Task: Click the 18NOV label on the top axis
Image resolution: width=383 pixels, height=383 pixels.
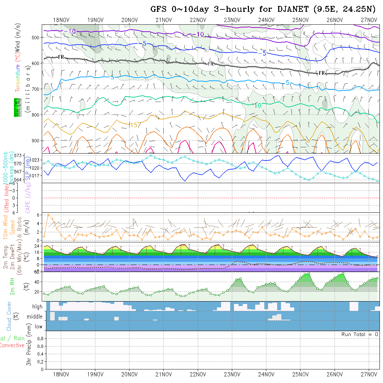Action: pos(61,20)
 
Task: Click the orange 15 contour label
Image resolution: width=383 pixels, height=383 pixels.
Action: pos(134,125)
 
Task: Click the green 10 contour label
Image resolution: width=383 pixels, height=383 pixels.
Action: pos(258,105)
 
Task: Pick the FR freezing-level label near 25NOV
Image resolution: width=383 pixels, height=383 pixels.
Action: pos(322,73)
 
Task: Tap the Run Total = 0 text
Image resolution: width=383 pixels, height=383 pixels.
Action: pos(360,334)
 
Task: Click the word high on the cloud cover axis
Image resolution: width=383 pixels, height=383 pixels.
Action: pos(37,307)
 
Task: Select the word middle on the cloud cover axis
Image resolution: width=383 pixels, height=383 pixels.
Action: pos(35,317)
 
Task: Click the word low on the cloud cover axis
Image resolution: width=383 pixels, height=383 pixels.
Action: pos(38,327)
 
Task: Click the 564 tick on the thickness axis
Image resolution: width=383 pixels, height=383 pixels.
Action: pos(19,179)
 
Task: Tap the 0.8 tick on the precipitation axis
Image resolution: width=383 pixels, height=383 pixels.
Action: pos(40,338)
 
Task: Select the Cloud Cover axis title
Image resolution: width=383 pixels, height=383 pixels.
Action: pos(9,316)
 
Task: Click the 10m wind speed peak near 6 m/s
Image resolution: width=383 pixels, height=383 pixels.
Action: pos(48,214)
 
